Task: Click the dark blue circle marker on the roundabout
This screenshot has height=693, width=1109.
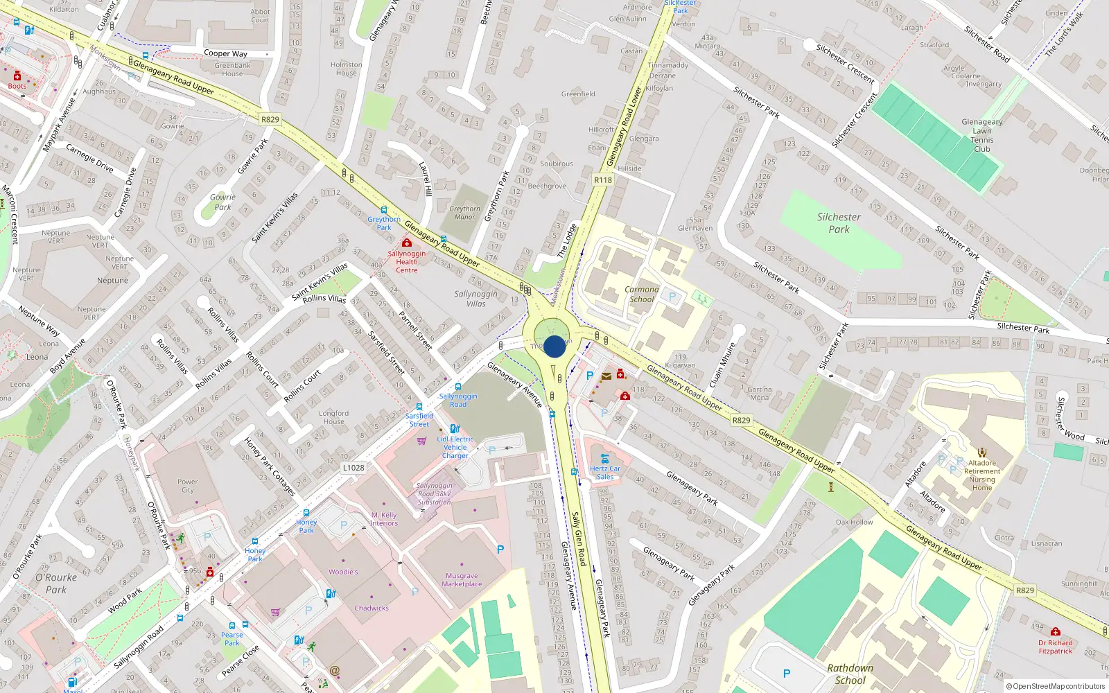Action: (x=554, y=346)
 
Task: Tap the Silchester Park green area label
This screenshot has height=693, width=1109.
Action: (x=839, y=223)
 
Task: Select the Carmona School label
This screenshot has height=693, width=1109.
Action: (x=641, y=295)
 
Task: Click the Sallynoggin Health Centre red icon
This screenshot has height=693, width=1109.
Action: (x=407, y=243)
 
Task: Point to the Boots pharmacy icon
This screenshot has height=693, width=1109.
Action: (x=17, y=76)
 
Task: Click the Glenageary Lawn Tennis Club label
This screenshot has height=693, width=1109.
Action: (x=981, y=135)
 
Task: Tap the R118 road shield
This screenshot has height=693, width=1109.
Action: (x=603, y=179)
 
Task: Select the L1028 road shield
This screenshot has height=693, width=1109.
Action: (x=353, y=468)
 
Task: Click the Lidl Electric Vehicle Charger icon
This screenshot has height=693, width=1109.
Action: (x=455, y=429)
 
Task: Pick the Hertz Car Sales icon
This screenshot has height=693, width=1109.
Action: (x=605, y=459)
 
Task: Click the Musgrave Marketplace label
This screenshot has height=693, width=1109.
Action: (x=462, y=580)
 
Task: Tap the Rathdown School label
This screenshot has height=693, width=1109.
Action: (x=850, y=674)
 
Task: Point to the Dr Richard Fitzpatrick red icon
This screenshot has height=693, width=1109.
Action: (x=1055, y=632)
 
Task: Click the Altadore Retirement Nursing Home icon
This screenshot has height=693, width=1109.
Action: (x=981, y=453)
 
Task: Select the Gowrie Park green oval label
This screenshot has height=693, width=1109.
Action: (x=222, y=202)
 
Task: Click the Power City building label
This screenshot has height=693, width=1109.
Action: (x=187, y=486)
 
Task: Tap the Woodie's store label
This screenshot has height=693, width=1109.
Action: (x=343, y=572)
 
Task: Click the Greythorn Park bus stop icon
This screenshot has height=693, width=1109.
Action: (x=383, y=209)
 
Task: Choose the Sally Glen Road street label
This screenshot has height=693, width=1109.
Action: (x=579, y=538)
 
